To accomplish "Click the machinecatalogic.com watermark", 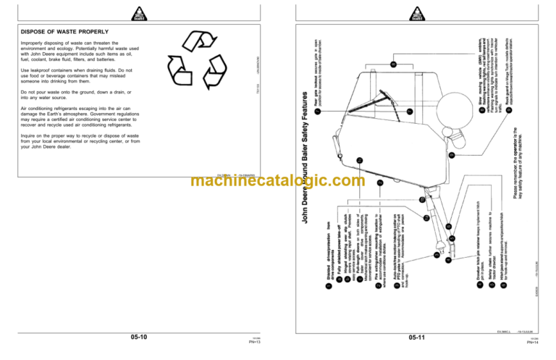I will [x=278, y=182].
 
